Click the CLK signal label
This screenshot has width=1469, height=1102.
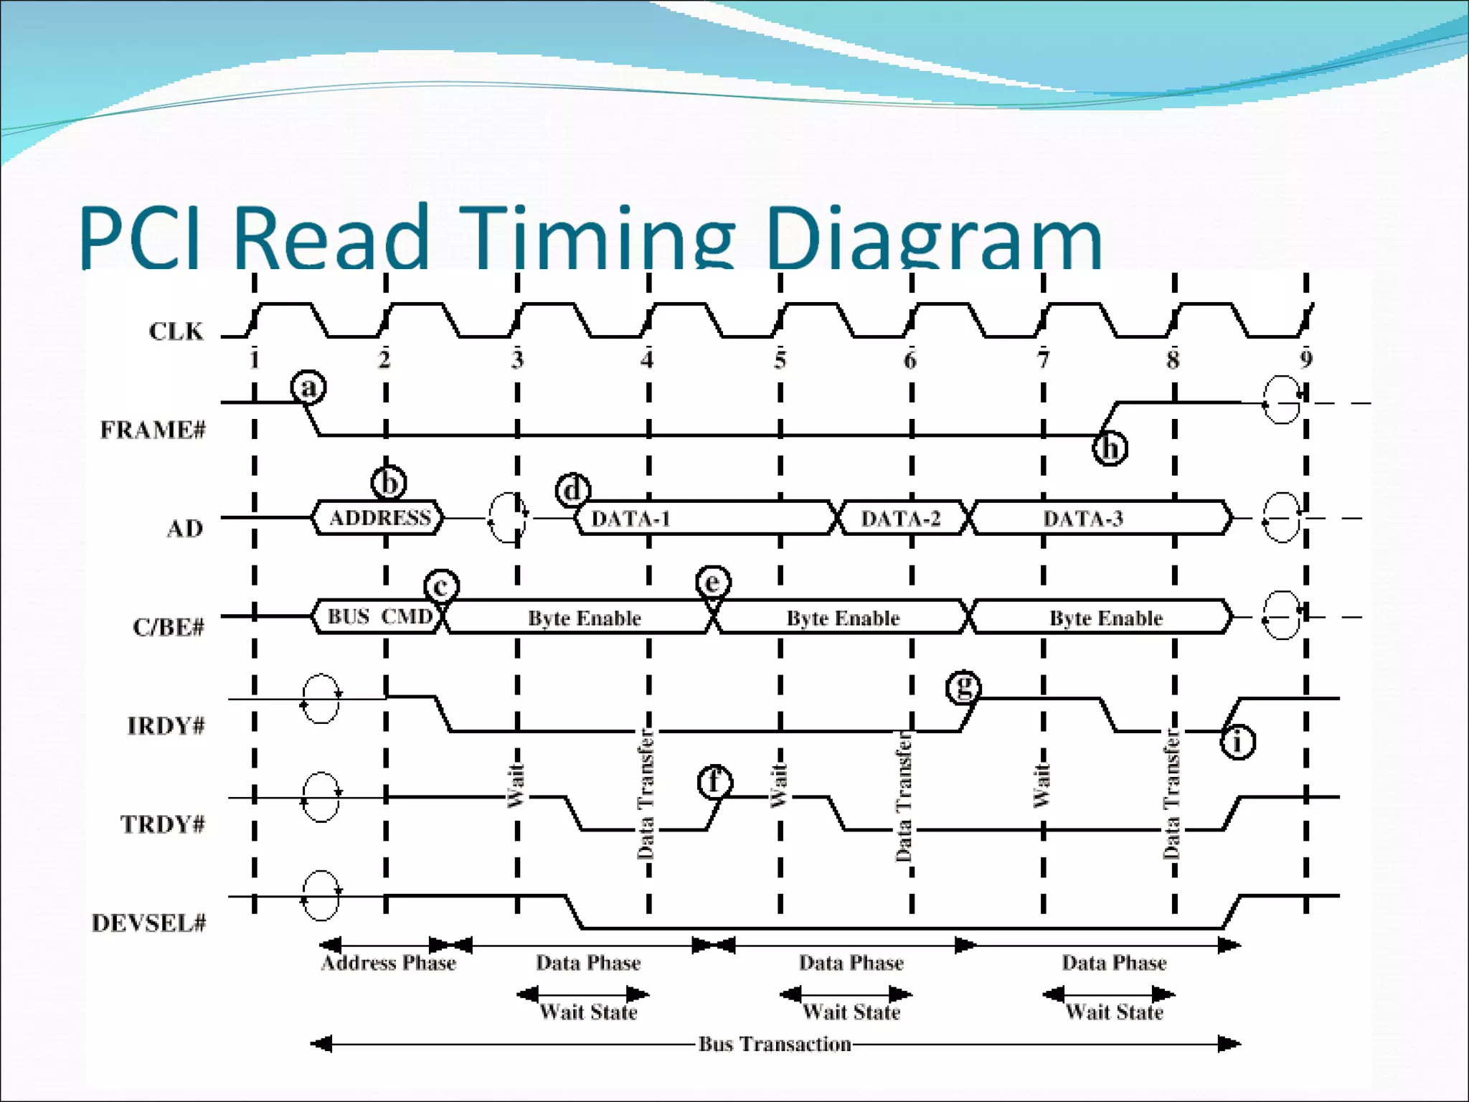coord(176,331)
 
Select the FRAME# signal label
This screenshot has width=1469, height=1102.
coord(153,430)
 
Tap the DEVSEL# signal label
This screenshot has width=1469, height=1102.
coord(148,923)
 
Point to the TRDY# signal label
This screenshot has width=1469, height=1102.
coord(162,824)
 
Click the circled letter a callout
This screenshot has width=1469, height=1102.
coord(308,387)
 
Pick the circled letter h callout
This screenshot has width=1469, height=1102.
coord(1110,448)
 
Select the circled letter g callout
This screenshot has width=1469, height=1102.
coord(963,687)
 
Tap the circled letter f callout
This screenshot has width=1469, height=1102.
coord(714,782)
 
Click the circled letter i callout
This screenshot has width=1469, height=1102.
coord(1237,742)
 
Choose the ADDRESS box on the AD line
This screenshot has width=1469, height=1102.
coord(379,518)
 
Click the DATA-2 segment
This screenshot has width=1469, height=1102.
coord(900,519)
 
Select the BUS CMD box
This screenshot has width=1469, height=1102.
coord(379,617)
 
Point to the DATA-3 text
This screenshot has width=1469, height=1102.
coord(1082,519)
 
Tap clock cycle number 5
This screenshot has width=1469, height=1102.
coord(780,359)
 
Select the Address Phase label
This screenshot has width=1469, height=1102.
coord(388,963)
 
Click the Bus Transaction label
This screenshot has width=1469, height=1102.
coord(775,1044)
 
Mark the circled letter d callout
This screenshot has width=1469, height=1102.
coord(573,491)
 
